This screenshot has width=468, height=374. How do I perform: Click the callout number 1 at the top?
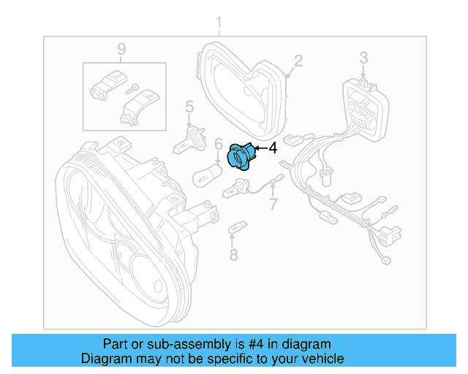click(219, 26)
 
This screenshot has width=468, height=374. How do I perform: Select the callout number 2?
click(298, 60)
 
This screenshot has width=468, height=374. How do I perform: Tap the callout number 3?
click(363, 57)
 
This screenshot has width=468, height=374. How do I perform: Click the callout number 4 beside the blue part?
click(273, 148)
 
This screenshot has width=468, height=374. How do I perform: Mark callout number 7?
click(273, 204)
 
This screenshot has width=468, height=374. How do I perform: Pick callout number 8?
click(233, 254)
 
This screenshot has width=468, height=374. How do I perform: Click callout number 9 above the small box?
click(121, 50)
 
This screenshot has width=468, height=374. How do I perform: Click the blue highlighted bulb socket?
click(241, 156)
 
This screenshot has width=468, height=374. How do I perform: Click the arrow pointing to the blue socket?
click(260, 149)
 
